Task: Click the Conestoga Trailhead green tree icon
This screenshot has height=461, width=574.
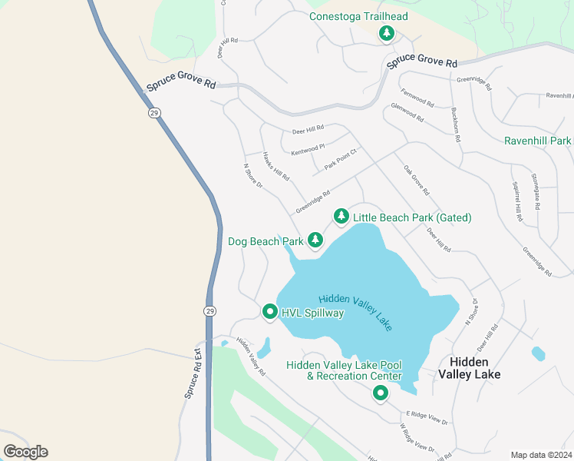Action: click(387, 33)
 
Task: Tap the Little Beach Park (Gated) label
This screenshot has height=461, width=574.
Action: click(412, 218)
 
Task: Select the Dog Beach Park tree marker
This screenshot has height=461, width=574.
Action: click(315, 240)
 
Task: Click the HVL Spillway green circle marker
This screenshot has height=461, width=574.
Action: click(269, 312)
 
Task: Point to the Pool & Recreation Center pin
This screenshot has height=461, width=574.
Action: click(380, 393)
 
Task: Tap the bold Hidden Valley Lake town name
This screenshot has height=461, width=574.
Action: click(469, 368)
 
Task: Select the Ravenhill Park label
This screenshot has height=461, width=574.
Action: click(538, 141)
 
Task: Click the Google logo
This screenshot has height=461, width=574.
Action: click(25, 451)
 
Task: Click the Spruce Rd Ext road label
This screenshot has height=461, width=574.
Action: click(192, 373)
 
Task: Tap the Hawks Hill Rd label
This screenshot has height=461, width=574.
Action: click(275, 165)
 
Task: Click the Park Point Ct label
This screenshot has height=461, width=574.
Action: click(341, 159)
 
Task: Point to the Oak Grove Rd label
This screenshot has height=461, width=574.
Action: click(415, 181)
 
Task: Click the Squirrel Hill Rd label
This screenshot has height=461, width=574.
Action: click(516, 201)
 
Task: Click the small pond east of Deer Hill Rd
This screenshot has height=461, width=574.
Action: click(538, 353)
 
